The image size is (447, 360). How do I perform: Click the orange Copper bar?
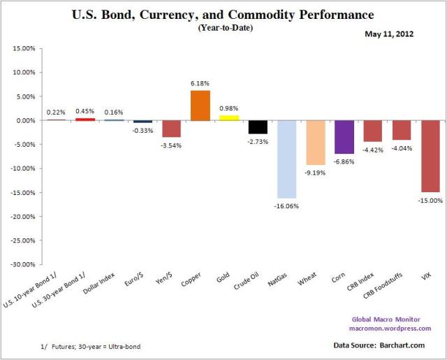[200, 106]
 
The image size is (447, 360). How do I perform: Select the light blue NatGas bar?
[286, 159]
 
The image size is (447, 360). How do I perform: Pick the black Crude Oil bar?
[258, 127]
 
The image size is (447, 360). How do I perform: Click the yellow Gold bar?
[229, 117]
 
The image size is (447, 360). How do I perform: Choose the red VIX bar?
[430, 156]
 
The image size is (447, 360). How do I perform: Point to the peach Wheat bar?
[315, 143]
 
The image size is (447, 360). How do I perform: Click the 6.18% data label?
[200, 83]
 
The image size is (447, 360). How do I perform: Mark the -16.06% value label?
[286, 206]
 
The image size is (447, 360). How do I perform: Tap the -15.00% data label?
[430, 201]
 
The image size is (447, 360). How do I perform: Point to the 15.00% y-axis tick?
[24, 48]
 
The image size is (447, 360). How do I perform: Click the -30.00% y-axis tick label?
[22, 265]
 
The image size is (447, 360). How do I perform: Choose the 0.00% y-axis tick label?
[25, 120]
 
